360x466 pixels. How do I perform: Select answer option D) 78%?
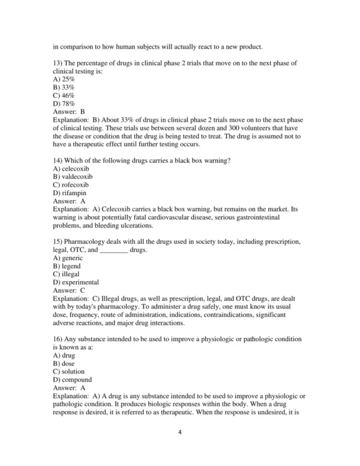(x=64, y=104)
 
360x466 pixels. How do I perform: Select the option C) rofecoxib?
(x=71, y=185)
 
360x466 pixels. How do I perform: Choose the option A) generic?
(x=68, y=258)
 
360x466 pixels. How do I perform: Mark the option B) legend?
(x=67, y=266)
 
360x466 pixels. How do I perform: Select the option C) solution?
(x=68, y=372)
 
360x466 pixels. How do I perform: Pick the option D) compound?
(x=72, y=380)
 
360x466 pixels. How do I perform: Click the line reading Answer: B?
(x=69, y=112)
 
